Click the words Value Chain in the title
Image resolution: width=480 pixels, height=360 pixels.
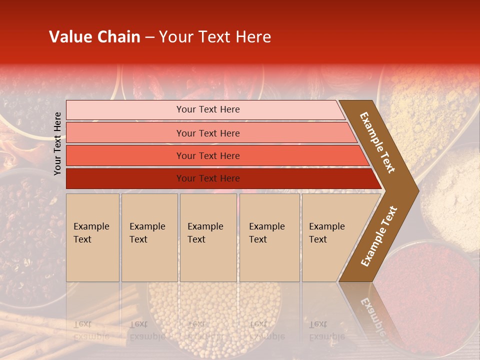[94, 37]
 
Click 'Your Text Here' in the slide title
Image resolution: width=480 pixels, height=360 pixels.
[215, 37]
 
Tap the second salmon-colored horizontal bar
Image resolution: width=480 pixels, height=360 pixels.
[208, 133]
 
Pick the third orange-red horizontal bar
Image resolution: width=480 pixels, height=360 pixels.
[208, 155]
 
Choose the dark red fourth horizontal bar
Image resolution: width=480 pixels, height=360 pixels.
[208, 178]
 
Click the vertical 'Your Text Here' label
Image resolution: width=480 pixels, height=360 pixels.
[57, 143]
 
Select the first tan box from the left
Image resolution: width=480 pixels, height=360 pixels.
[92, 237]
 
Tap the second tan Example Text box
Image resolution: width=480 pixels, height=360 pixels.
[149, 237]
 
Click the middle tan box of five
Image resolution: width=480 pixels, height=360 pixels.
[208, 237]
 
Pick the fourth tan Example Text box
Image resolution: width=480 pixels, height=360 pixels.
[269, 237]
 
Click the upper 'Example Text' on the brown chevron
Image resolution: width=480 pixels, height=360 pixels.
[377, 142]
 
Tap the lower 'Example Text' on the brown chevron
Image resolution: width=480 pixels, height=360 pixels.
[378, 236]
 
